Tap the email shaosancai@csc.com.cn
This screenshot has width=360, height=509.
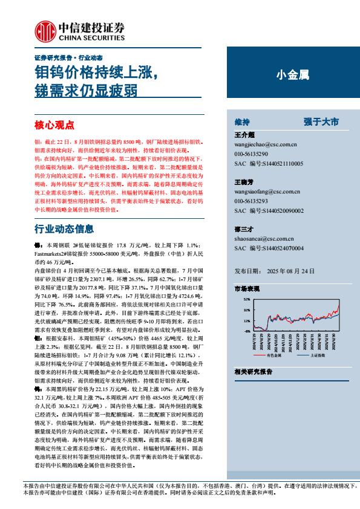[263, 239]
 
